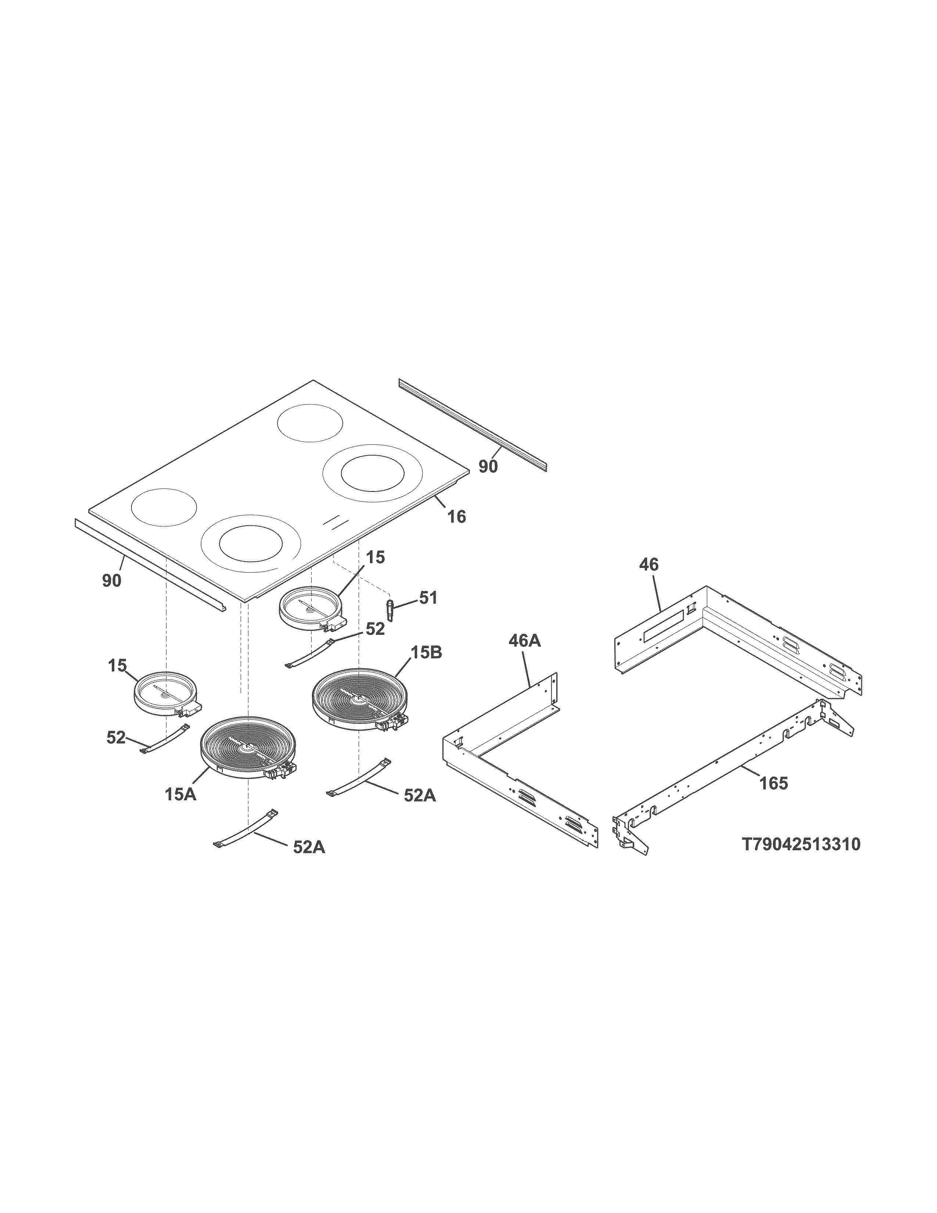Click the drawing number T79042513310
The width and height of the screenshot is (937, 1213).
tap(801, 845)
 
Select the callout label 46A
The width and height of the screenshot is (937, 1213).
tap(524, 641)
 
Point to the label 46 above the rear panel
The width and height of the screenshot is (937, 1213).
tap(648, 565)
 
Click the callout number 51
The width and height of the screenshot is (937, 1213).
tap(428, 598)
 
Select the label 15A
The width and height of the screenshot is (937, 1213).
tap(180, 795)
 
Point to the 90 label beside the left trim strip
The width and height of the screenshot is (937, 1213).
tap(112, 581)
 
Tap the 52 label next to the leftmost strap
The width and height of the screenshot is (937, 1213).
tap(116, 738)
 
